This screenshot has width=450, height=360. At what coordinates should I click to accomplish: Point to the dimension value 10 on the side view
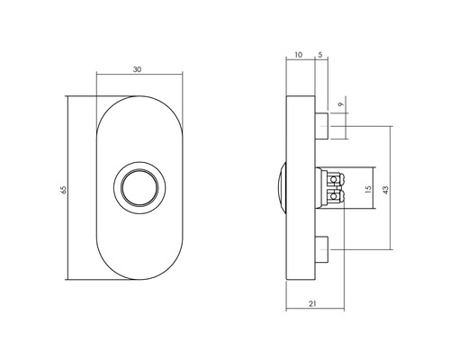pyautogui.click(x=298, y=55)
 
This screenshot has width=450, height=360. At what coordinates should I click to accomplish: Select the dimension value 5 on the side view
pyautogui.click(x=319, y=55)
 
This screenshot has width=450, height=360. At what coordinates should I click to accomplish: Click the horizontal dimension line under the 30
pyautogui.click(x=140, y=75)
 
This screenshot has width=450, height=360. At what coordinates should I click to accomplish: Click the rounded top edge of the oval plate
pyautogui.click(x=140, y=94)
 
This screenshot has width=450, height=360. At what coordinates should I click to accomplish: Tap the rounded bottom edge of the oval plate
pyautogui.click(x=140, y=284)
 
